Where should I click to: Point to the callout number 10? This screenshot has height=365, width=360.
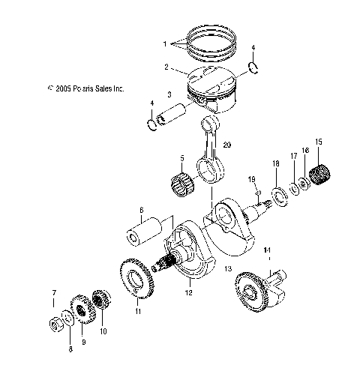click(103, 331)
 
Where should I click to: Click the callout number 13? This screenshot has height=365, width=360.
click(229, 268)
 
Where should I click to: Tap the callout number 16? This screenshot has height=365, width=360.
click(305, 172)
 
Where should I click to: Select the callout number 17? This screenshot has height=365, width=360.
click(294, 177)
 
